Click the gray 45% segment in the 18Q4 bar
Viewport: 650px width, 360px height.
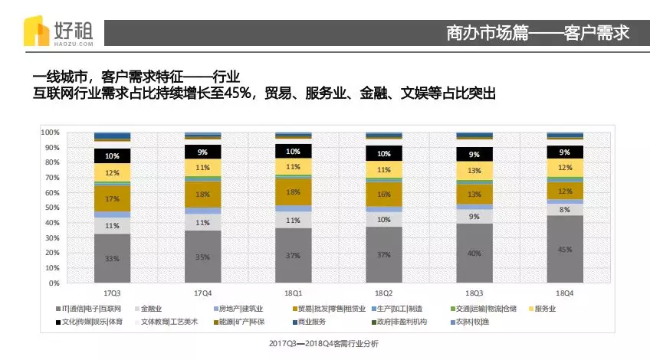[x=565, y=249]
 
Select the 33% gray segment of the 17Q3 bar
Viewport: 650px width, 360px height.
[x=112, y=258]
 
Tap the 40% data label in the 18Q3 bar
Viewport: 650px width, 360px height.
[x=474, y=253]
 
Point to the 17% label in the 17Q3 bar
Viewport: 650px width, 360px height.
[x=112, y=198]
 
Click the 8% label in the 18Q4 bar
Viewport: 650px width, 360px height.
[x=565, y=209]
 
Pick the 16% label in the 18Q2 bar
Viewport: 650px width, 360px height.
[x=384, y=195]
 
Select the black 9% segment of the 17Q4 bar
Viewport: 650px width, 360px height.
[x=202, y=152]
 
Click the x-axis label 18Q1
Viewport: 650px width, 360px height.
[x=293, y=293]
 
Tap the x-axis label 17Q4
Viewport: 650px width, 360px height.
[x=202, y=293]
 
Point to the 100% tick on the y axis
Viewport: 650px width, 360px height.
[x=50, y=133]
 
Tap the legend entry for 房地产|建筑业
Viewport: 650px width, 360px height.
[x=241, y=308]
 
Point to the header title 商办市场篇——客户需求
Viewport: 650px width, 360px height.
[x=537, y=33]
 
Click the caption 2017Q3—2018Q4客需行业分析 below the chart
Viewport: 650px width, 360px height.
[x=324, y=344]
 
